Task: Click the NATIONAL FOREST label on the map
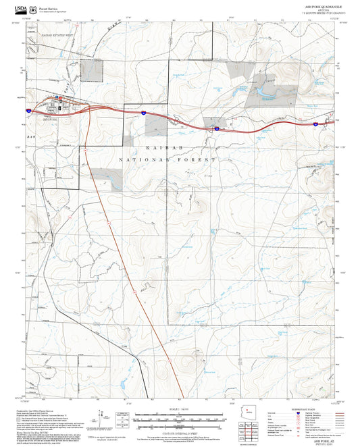click(x=167, y=159)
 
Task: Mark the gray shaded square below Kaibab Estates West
click(x=92, y=70)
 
